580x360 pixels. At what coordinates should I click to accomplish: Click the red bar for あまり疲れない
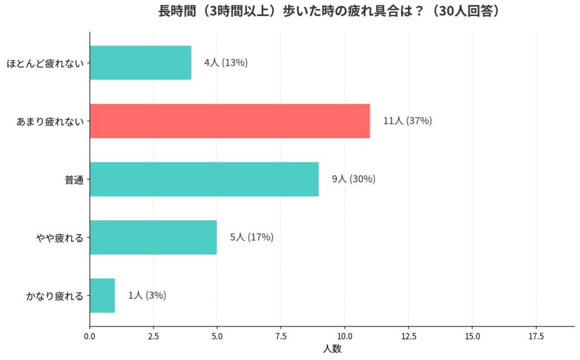point(229,121)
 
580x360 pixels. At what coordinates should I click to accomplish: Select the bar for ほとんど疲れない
point(140,63)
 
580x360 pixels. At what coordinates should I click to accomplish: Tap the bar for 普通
point(204,179)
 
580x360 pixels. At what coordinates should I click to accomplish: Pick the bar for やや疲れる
point(153,237)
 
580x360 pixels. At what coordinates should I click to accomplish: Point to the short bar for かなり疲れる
point(103,295)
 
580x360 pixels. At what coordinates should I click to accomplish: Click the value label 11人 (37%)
point(407,121)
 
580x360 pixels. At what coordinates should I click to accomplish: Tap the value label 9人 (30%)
point(353,179)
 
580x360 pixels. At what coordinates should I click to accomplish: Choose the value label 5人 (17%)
point(251,237)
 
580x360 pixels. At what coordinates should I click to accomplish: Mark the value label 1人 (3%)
point(147,295)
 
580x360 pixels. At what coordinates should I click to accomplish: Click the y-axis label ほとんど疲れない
point(45,63)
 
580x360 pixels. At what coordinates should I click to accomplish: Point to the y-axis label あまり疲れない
point(50,121)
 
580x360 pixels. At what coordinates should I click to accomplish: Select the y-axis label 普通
point(74,179)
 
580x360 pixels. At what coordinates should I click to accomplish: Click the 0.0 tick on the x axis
point(89,336)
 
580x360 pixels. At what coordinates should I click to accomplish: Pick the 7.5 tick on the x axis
point(281,336)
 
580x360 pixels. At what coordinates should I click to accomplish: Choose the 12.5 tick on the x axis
point(408,336)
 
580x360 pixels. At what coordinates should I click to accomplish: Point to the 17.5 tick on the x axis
point(536,336)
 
